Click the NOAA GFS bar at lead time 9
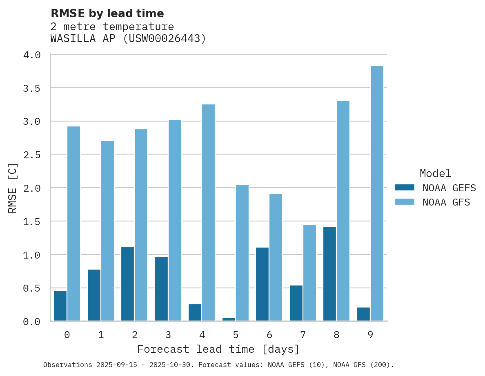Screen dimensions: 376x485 (377, 193)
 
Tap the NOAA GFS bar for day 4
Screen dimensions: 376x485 (208, 212)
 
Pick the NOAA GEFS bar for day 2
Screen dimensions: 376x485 (127, 284)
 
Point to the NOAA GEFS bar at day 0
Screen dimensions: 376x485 (60, 306)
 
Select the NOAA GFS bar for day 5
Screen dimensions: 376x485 (242, 253)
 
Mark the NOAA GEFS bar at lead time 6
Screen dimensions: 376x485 (262, 284)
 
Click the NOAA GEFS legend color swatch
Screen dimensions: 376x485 (405, 188)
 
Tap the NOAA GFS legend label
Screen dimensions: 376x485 (446, 202)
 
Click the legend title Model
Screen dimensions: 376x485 (435, 173)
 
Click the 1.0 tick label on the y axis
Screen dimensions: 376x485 (32, 255)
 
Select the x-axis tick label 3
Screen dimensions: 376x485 (168, 335)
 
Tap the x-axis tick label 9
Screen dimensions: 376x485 (370, 335)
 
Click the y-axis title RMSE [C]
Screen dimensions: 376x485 (13, 188)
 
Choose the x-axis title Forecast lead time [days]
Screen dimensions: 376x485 (218, 349)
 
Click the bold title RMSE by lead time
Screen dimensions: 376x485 (107, 13)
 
